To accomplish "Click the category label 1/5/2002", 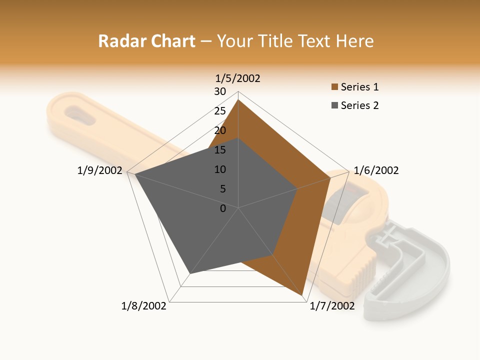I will pyautogui.click(x=238, y=78).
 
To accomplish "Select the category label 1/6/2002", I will pyautogui.click(x=376, y=170).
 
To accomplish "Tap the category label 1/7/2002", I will pyautogui.click(x=332, y=305).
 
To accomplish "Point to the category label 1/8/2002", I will pyautogui.click(x=144, y=305).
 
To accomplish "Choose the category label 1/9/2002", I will pyautogui.click(x=100, y=170).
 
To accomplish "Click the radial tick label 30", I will pyautogui.click(x=220, y=91).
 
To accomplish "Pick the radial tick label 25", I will pyautogui.click(x=220, y=111).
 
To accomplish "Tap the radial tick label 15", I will pyautogui.click(x=220, y=150).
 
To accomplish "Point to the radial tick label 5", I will pyautogui.click(x=223, y=189).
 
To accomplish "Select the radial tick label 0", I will pyautogui.click(x=223, y=208).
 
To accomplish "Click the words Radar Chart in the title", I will pyautogui.click(x=146, y=41).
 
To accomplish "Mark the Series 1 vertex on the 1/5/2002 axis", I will pyautogui.click(x=238, y=100).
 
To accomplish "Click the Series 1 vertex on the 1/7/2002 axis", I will pyautogui.click(x=302, y=296).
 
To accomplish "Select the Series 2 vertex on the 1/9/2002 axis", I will pyautogui.click(x=135, y=174).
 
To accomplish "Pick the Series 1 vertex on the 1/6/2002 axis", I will pyautogui.click(x=330, y=177).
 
